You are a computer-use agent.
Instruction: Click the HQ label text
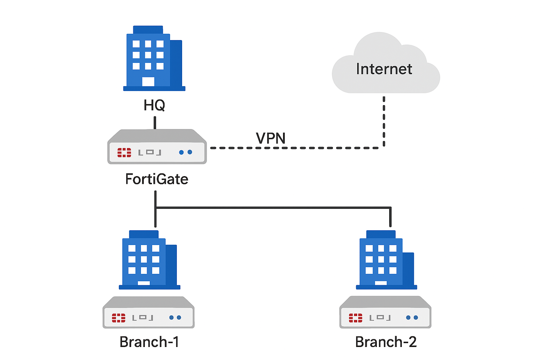154,105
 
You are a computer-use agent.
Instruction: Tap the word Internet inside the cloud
384,69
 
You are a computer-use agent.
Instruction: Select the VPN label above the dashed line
271,138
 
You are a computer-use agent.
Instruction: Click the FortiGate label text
157,179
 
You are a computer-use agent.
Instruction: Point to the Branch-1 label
149,342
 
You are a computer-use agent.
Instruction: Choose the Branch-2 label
386,342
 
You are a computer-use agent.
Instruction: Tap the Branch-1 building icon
149,260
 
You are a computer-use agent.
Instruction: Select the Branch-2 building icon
386,260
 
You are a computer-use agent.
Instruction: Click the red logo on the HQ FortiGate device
124,153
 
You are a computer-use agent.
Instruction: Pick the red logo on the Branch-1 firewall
118,318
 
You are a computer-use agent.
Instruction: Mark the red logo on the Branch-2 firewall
355,318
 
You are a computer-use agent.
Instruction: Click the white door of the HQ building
148,81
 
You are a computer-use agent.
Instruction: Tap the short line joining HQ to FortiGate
155,123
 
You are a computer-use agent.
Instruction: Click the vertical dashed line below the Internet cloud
384,121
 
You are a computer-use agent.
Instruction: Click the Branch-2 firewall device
385,313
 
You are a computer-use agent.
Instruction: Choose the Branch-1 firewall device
148,313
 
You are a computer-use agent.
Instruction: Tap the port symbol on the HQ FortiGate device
150,152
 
